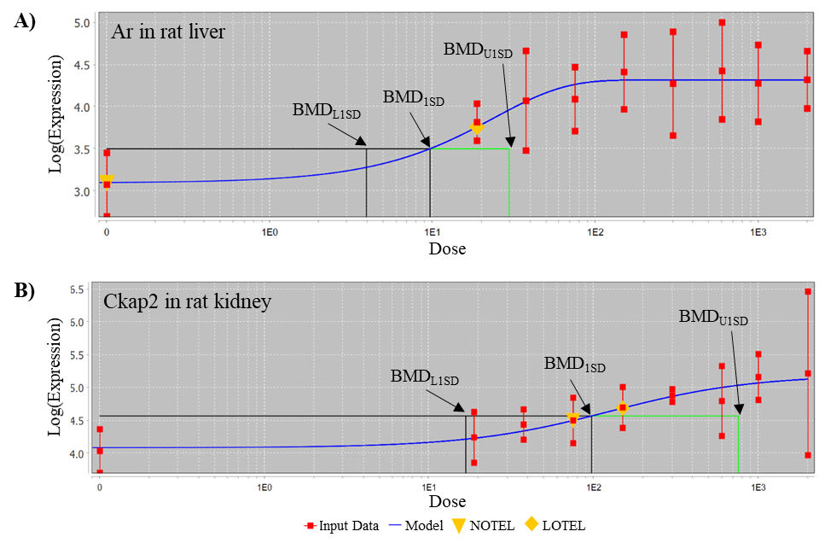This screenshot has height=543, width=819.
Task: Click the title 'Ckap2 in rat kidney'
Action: pyautogui.click(x=187, y=301)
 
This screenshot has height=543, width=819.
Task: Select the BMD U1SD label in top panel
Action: pyautogui.click(x=478, y=50)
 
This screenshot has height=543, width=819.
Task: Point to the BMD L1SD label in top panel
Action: pyautogui.click(x=325, y=110)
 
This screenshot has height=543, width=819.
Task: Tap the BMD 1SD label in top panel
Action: pyautogui.click(x=413, y=97)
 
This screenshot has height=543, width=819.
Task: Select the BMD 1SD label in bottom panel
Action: pyautogui.click(x=574, y=365)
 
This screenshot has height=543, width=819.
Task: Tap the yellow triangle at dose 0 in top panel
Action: pyautogui.click(x=106, y=180)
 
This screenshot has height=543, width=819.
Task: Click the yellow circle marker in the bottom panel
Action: pyautogui.click(x=623, y=408)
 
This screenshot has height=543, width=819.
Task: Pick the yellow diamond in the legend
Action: pyautogui.click(x=531, y=523)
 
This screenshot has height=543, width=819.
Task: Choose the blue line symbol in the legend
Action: pyautogui.click(x=396, y=526)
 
